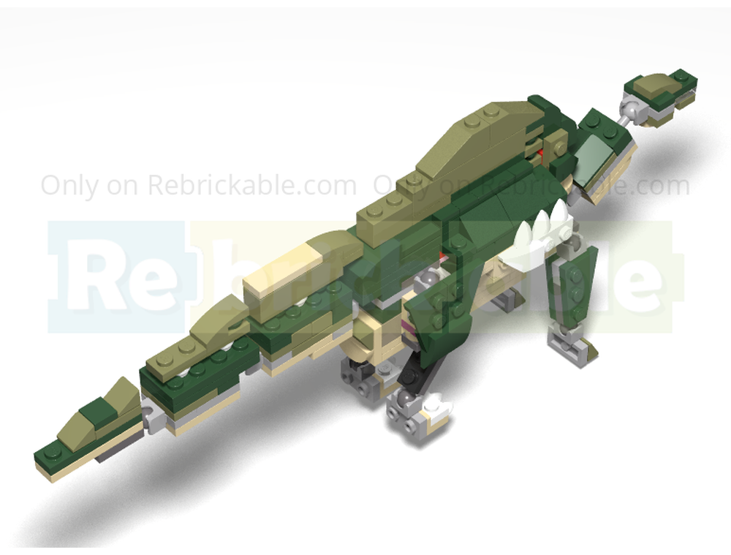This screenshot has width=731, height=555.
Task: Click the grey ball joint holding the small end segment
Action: pyautogui.click(x=628, y=111)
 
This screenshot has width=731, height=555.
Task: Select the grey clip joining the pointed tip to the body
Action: pyautogui.click(x=152, y=418)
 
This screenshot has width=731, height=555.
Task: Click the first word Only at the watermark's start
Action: pyautogui.click(x=68, y=185)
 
